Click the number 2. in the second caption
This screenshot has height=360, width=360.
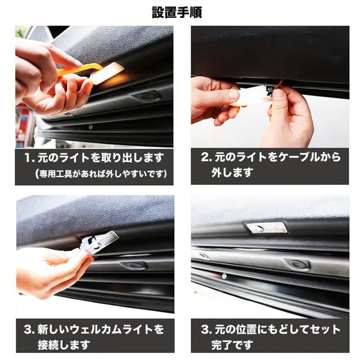point(206,157)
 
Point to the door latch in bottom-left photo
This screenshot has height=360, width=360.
point(135,265)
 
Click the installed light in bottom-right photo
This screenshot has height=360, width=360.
point(267,228)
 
